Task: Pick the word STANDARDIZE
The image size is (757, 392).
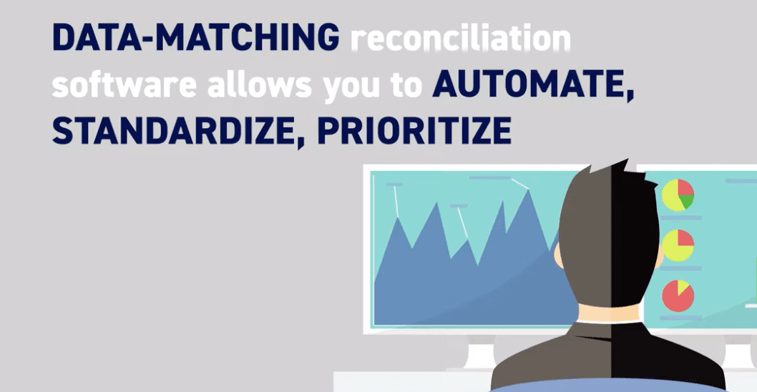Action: [x=175, y=132]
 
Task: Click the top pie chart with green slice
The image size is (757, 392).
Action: [x=678, y=194]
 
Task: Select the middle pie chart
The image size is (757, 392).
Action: [x=678, y=245]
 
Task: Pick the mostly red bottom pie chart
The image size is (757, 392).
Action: [x=677, y=295]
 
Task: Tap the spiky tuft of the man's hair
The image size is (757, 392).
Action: [x=622, y=172]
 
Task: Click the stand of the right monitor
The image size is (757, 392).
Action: [x=737, y=353]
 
